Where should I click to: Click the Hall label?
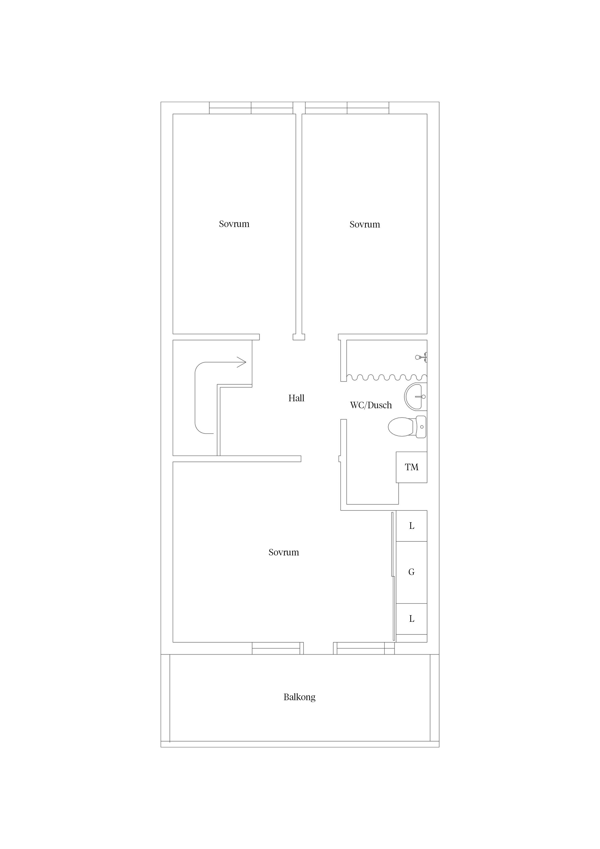296,398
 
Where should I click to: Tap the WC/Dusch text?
371,405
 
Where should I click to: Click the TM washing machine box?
412,467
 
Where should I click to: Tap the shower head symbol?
421,357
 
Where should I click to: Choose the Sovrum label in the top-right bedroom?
365,224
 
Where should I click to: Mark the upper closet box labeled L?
412,526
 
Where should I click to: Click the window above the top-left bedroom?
251,108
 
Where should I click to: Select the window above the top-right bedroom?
347,108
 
